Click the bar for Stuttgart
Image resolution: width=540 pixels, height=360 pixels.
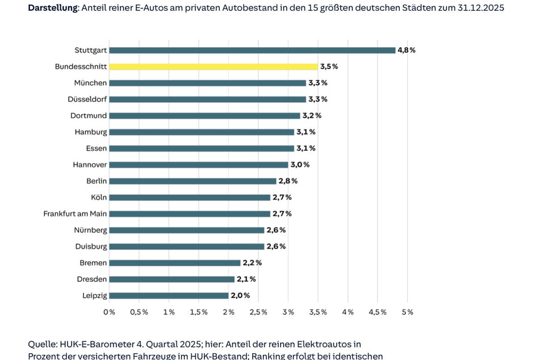252,50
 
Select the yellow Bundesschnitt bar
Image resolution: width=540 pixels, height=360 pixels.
213,66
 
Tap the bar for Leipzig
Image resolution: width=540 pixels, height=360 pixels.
169,295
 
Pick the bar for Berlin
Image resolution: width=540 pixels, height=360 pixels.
192,181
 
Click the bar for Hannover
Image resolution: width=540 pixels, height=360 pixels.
198,165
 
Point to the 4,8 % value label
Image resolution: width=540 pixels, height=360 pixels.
407,50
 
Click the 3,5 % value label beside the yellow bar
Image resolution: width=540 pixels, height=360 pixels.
329,66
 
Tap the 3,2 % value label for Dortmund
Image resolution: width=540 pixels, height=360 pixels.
311,115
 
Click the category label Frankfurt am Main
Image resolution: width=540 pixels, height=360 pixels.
75,214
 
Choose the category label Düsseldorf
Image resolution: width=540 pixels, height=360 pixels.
87,99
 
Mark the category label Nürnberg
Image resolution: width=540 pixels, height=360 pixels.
90,231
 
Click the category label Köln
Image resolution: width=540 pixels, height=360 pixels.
98,198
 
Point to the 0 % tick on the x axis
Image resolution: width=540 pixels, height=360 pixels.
109,312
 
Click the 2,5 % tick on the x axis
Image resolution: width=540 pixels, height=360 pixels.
258,312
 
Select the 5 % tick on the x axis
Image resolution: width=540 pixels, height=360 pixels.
407,312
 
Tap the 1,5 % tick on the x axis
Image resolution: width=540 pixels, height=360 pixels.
198,312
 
